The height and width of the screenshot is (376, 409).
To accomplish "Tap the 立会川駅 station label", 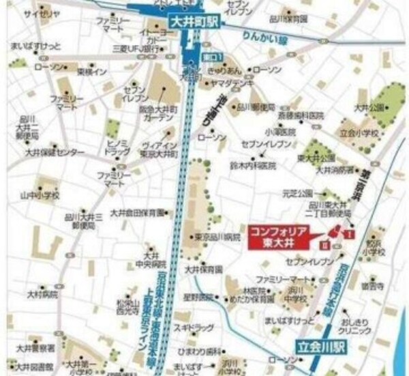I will pyautogui.click(x=320, y=346).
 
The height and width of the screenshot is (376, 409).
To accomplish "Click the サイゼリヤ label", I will pyautogui.click(x=38, y=13).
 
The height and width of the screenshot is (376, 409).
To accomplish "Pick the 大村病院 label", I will pyautogui.click(x=40, y=295).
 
